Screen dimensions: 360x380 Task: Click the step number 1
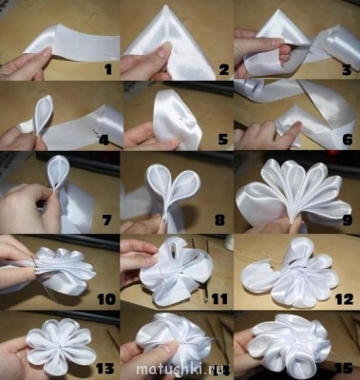pyautogui.click(x=108, y=69)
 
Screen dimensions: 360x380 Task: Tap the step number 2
pyautogui.click(x=223, y=69)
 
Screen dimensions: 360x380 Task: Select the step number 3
pyautogui.click(x=347, y=69)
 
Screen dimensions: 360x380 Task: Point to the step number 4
pyautogui.click(x=104, y=140)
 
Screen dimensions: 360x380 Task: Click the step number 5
pyautogui.click(x=222, y=140)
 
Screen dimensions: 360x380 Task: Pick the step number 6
pyautogui.click(x=348, y=140)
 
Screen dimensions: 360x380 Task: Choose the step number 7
pyautogui.click(x=107, y=219)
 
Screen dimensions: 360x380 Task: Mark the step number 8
pyautogui.click(x=219, y=219)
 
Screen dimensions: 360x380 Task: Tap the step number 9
pyautogui.click(x=347, y=219)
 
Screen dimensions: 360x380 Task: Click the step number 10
pyautogui.click(x=106, y=299)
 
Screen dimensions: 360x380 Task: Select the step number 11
pyautogui.click(x=219, y=299)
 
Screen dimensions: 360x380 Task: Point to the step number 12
pyautogui.click(x=344, y=299)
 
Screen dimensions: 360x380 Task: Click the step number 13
pyautogui.click(x=104, y=369)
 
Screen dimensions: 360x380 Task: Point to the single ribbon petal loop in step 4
pyautogui.click(x=45, y=117)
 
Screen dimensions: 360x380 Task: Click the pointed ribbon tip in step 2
pyautogui.click(x=168, y=4)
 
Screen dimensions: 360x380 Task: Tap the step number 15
pyautogui.click(x=344, y=369)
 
